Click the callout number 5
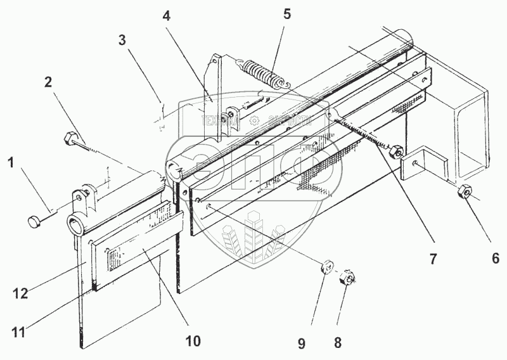tap(287, 14)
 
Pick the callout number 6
tap(496, 257)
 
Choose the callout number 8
tap(338, 342)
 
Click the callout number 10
tap(193, 341)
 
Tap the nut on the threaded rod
tap(395, 151)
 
